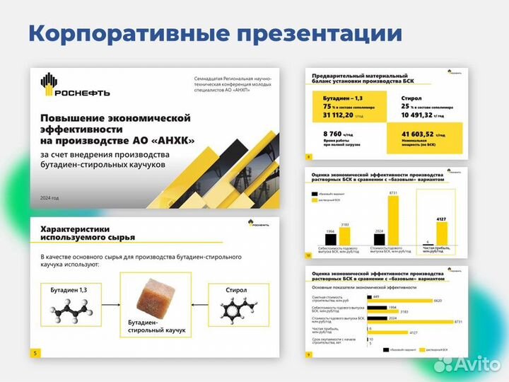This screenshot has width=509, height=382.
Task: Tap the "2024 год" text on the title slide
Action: coord(50,197)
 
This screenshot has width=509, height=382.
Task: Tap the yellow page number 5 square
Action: coord(36,353)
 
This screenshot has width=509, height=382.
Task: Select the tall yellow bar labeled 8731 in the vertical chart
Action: coord(394,219)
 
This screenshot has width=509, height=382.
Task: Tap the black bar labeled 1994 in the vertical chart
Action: coord(330,238)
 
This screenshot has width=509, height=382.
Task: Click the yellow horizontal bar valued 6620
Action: coord(402,300)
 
